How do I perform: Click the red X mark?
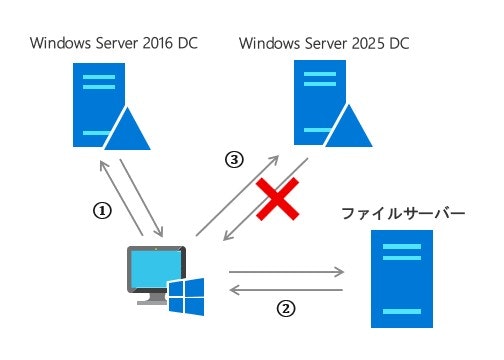point(279,200)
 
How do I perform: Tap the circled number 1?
point(101,211)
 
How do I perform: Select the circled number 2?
point(286,308)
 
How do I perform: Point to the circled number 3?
point(233,159)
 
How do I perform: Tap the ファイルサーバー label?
point(404,214)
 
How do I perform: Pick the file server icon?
point(403,278)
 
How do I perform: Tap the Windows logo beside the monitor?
point(187,297)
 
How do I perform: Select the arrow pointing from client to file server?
point(286,270)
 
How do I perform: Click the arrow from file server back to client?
point(286,290)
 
